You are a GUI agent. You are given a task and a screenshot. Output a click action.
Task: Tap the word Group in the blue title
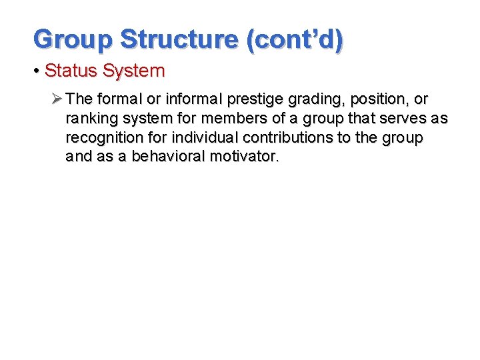pyautogui.click(x=73, y=39)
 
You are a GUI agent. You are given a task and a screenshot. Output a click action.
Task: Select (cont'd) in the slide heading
pyautogui.click(x=295, y=39)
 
